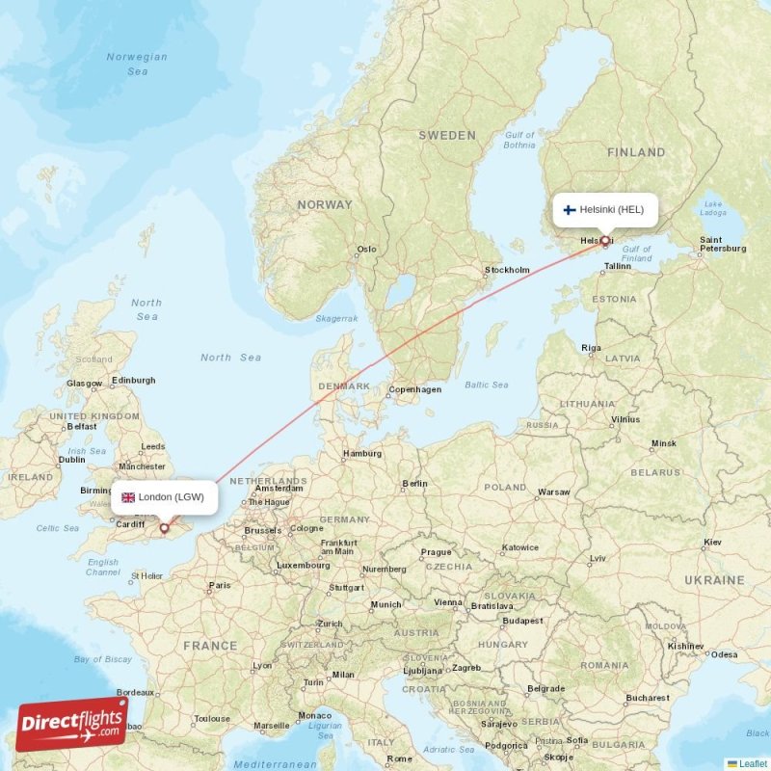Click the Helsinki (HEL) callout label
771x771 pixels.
click(x=606, y=209)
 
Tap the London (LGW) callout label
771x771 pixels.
click(x=163, y=497)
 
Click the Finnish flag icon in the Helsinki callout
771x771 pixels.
click(x=570, y=209)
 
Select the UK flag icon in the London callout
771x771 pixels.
click(x=127, y=497)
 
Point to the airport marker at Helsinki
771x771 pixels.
click(x=604, y=240)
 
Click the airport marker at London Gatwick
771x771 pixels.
click(x=164, y=528)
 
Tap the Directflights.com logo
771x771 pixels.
click(x=71, y=724)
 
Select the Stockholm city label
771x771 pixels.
click(x=508, y=270)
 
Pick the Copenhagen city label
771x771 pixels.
click(x=414, y=389)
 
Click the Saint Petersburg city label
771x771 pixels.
click(x=723, y=244)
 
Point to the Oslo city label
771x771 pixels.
click(x=366, y=249)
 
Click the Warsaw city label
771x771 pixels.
click(x=554, y=492)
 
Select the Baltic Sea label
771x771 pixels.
click(x=486, y=385)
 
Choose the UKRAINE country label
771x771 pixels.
click(x=714, y=580)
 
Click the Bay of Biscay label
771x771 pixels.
click(x=102, y=659)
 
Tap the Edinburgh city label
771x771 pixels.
click(x=133, y=380)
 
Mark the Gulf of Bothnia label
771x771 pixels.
click(x=519, y=140)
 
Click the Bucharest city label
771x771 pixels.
click(x=646, y=697)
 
